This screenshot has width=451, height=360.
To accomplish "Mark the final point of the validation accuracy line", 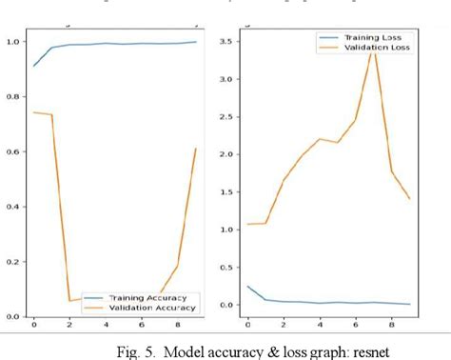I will (196, 149).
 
